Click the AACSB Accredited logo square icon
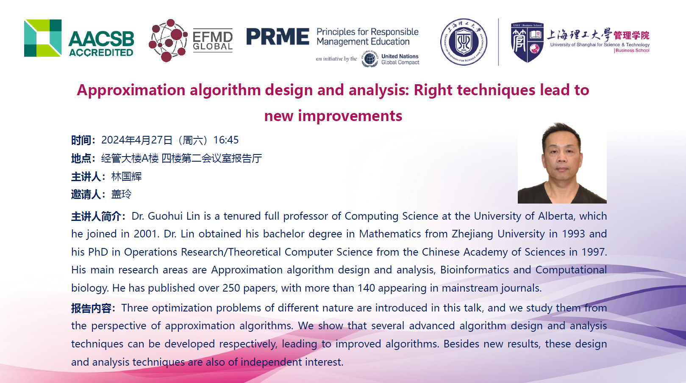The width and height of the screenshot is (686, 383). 43,38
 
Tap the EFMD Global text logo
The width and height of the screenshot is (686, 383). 213,41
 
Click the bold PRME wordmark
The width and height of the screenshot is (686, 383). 278,37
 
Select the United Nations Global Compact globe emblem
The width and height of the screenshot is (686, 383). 369,59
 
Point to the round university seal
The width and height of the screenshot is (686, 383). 464,42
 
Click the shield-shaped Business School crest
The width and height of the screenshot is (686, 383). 527,42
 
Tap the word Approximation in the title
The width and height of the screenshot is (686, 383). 131,90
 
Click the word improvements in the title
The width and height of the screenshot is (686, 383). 350,116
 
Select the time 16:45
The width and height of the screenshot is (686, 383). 226,140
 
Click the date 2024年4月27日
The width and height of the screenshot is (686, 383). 137,140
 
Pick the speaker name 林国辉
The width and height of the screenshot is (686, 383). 127,176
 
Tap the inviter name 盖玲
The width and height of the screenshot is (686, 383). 121,194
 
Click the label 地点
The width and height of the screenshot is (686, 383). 81,158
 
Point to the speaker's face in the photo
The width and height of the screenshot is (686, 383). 562,156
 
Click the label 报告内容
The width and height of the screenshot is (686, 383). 91,308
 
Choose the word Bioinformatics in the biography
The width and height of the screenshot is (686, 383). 475,270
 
